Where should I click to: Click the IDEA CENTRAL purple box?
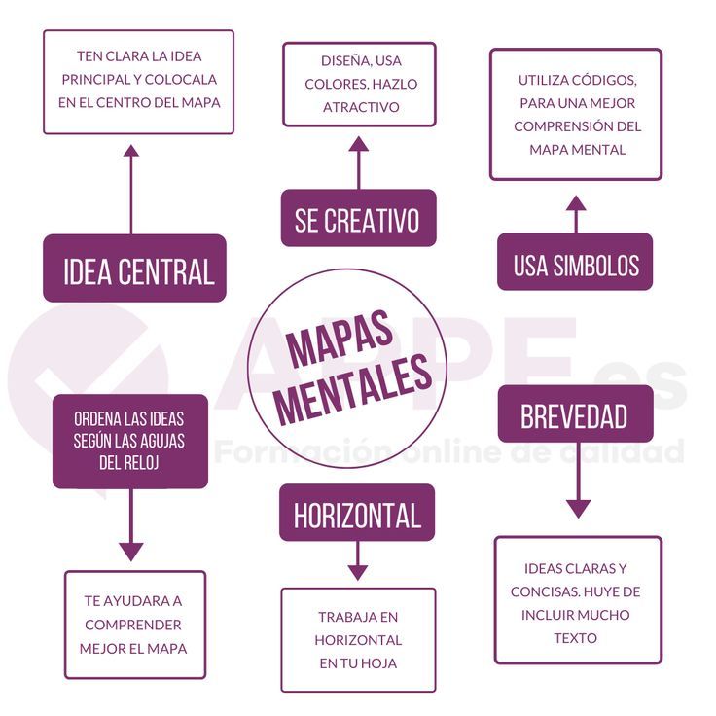tap(134, 268)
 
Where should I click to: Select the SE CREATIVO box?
tap(358, 218)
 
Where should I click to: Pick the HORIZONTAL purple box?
tap(357, 513)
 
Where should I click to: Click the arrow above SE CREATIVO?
tap(358, 161)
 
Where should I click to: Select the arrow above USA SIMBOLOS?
tap(576, 214)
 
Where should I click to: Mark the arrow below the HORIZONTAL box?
tap(358, 562)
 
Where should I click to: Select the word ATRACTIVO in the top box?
tap(360, 107)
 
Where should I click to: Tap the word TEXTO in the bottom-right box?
tap(576, 638)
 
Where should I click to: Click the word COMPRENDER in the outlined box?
tap(133, 625)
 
